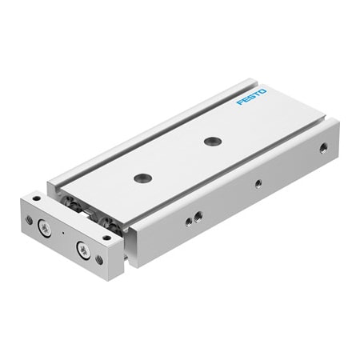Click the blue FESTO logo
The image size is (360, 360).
tap(252, 98)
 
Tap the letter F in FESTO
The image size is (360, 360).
tap(239, 103)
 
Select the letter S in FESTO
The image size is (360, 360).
tap(252, 98)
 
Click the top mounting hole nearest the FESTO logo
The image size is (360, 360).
tap(210, 142)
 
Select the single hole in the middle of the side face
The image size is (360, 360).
tap(258, 183)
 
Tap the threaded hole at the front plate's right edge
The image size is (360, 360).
tap(98, 260)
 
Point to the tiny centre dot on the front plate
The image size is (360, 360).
tap(62, 235)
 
